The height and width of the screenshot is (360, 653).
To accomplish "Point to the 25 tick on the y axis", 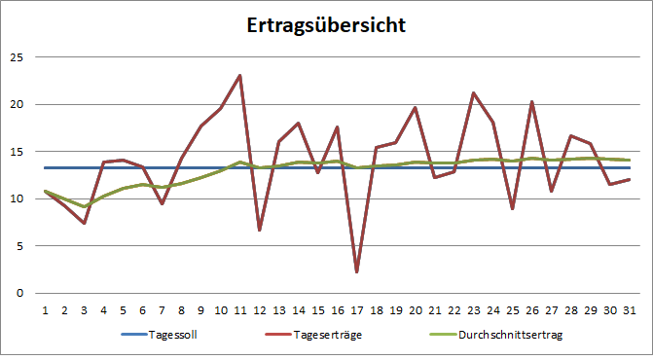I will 15,56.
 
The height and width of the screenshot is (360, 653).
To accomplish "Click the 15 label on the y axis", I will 15,151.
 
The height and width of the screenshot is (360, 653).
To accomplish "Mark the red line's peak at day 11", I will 239,75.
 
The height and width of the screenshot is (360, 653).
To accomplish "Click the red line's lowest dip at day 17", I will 357,271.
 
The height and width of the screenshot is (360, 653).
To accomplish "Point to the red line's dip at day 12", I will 259,230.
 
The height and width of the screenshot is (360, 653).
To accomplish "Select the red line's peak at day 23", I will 474,93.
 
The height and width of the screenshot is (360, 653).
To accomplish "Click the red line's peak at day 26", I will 532,101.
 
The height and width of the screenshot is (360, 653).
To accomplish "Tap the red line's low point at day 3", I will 84,223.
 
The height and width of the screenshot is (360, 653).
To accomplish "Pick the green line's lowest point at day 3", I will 84,206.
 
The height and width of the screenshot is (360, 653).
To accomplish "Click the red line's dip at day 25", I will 513,208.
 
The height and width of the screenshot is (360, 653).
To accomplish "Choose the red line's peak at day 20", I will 416,108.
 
